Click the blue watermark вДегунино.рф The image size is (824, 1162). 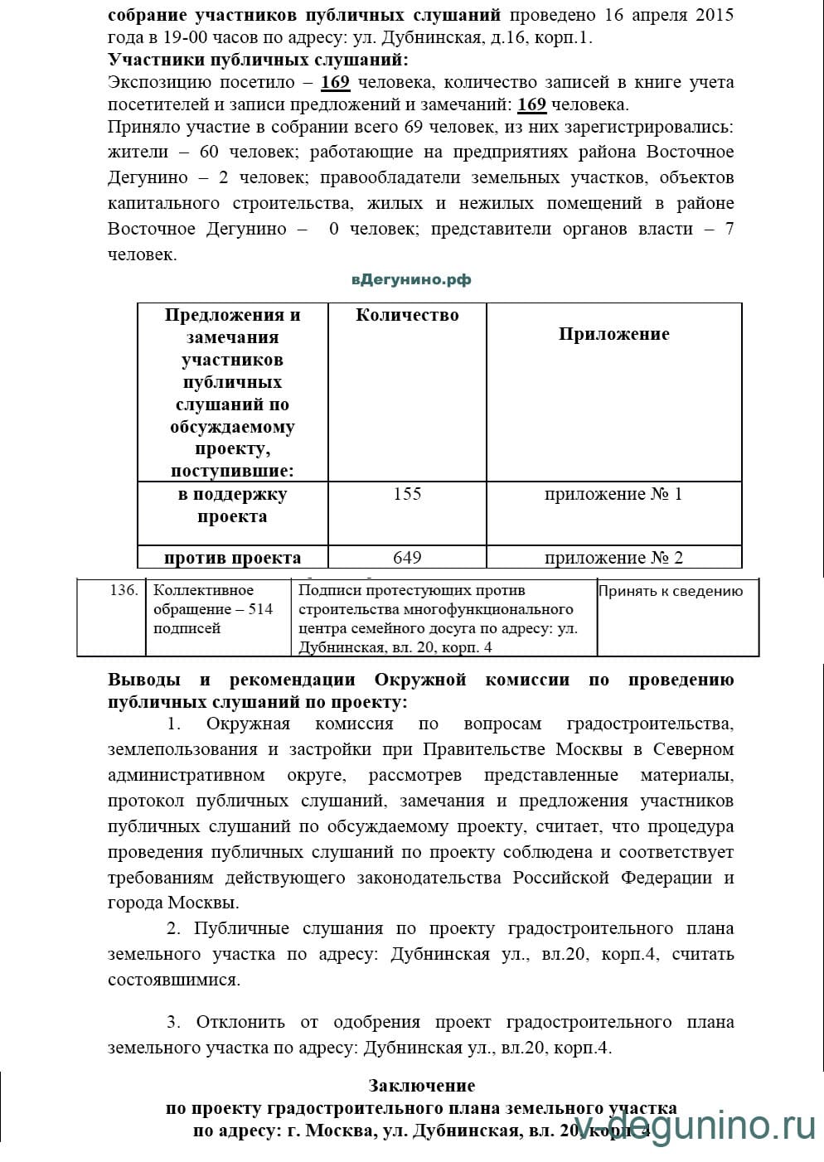[410, 280]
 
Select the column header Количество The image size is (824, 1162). [407, 315]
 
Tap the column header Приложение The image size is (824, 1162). [613, 334]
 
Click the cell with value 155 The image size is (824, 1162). [407, 494]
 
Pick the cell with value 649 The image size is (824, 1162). [407, 558]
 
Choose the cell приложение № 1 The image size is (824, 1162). [613, 495]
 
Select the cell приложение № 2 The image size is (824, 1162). [613, 558]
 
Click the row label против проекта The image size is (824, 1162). [232, 558]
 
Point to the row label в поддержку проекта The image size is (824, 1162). [232, 506]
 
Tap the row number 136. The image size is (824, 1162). [124, 591]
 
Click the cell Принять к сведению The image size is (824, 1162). [671, 592]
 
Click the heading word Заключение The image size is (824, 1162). [422, 1086]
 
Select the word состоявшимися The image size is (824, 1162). [174, 980]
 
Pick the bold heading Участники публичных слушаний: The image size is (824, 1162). [258, 61]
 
